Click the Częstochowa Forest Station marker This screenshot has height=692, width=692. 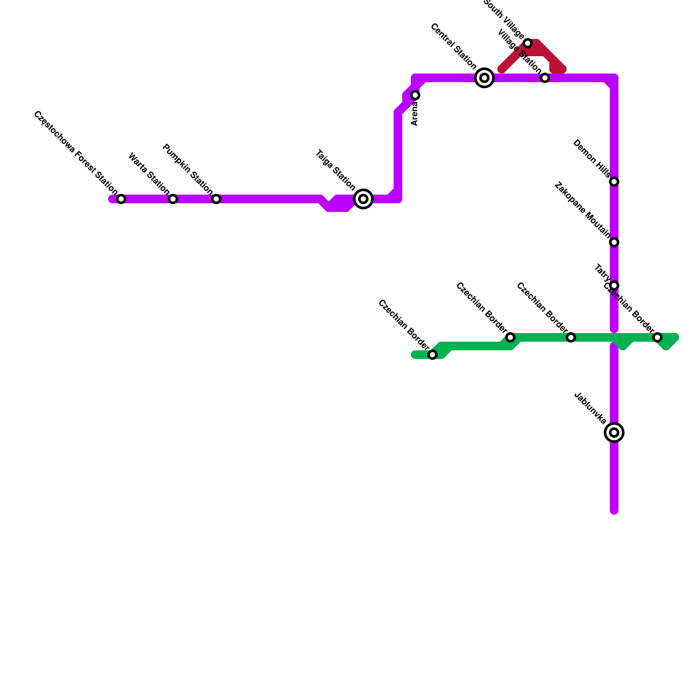pyautogui.click(x=121, y=199)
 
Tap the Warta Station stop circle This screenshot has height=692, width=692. pyautogui.click(x=173, y=199)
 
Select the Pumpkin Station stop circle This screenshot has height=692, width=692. pyautogui.click(x=216, y=199)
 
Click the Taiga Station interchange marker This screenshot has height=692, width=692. pyautogui.click(x=363, y=199)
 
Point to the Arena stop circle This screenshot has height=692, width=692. pyautogui.click(x=415, y=95)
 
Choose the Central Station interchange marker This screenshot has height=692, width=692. pyautogui.click(x=484, y=78)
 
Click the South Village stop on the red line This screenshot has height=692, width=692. pyautogui.click(x=528, y=43)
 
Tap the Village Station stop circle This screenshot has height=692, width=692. pyautogui.click(x=545, y=78)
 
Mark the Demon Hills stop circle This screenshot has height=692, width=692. pyautogui.click(x=614, y=182)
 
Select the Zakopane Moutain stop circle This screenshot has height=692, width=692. pyautogui.click(x=614, y=242)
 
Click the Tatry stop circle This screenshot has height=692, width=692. pyautogui.click(x=614, y=285)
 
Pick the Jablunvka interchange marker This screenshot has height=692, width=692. pyautogui.click(x=614, y=432)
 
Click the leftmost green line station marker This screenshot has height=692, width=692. pyautogui.click(x=432, y=355)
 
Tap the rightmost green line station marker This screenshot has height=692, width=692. pyautogui.click(x=657, y=337)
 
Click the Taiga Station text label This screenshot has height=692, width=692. pyautogui.click(x=335, y=170)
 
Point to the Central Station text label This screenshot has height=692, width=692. pyautogui.click(x=454, y=47)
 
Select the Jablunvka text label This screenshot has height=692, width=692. pyautogui.click(x=590, y=408)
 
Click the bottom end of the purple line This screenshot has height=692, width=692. pyautogui.click(x=614, y=511)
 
